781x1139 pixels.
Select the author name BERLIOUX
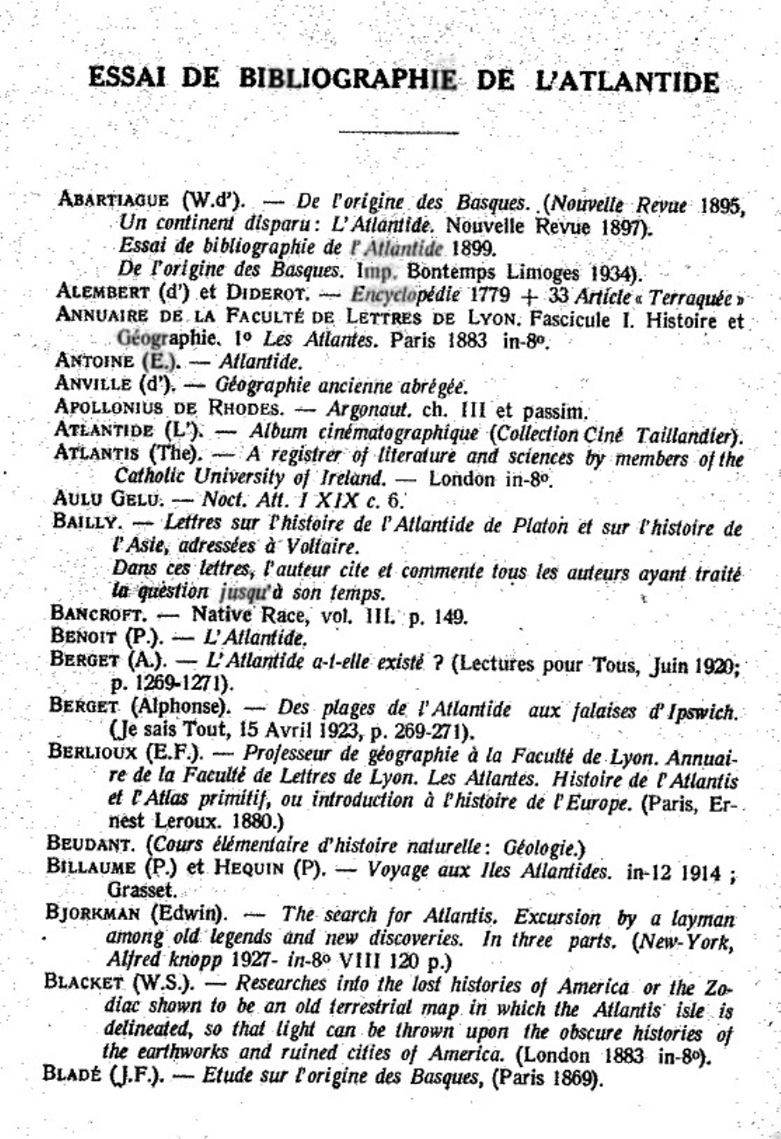click(x=94, y=753)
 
